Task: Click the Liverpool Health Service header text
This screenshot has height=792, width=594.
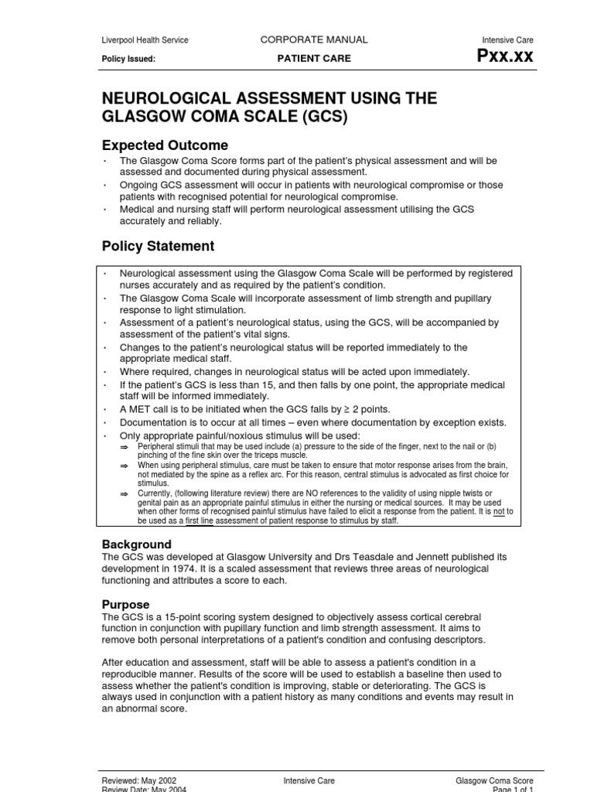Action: coord(145,40)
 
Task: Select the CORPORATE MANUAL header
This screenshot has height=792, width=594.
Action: coord(313,39)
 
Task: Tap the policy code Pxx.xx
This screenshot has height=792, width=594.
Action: coord(507,57)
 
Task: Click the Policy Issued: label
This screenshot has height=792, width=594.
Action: coord(128,59)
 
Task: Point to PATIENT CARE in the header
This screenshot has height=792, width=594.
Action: coord(313,59)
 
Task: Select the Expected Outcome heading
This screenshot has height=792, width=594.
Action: coord(165,145)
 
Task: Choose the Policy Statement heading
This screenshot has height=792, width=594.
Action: coord(158,246)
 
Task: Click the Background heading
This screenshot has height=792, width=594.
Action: coord(137,544)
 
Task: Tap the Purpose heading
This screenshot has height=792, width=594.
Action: coord(125,604)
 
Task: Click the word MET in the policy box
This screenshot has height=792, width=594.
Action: coord(141,409)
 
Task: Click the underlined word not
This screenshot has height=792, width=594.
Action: coord(499,511)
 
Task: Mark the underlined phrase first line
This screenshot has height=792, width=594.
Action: coord(198,521)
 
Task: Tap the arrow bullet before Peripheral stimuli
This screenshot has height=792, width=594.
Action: coord(124,447)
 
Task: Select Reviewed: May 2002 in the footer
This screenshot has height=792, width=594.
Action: coord(144,781)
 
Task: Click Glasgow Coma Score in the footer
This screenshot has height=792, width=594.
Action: coord(494,781)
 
